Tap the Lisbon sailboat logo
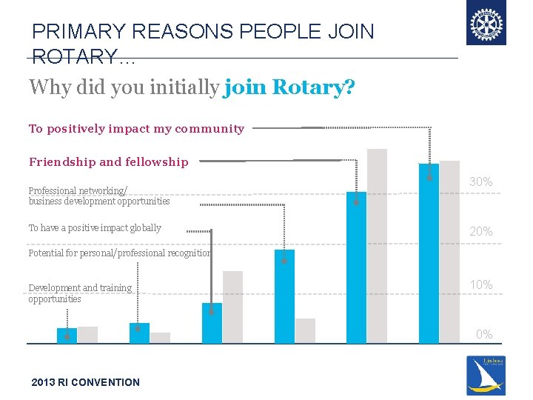pos(486,376)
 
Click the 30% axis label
pos(480,181)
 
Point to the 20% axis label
pos(480,232)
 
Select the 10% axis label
pos(480,285)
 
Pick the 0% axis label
pos(484,334)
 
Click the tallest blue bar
pos(429,253)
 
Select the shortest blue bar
pos(67,336)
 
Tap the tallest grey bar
pos(377,246)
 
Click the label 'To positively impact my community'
pos(136,129)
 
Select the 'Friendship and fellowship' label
pos(108,162)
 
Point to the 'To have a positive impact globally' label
pos(95,228)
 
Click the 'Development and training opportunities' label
pos(80,293)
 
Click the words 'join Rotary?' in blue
pos(289,87)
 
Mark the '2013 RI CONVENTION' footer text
pos(85,382)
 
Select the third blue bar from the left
pos(212,323)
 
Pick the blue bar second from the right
pos(356,267)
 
